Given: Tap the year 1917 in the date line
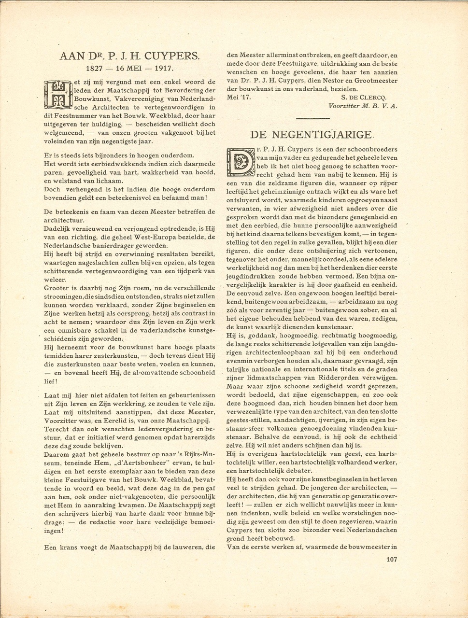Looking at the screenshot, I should [161, 69].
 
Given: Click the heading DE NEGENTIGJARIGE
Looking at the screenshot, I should [312, 134].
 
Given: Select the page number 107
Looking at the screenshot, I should [391, 560].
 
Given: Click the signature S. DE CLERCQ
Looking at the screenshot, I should [369, 97].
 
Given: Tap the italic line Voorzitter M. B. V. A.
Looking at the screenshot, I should [362, 106].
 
